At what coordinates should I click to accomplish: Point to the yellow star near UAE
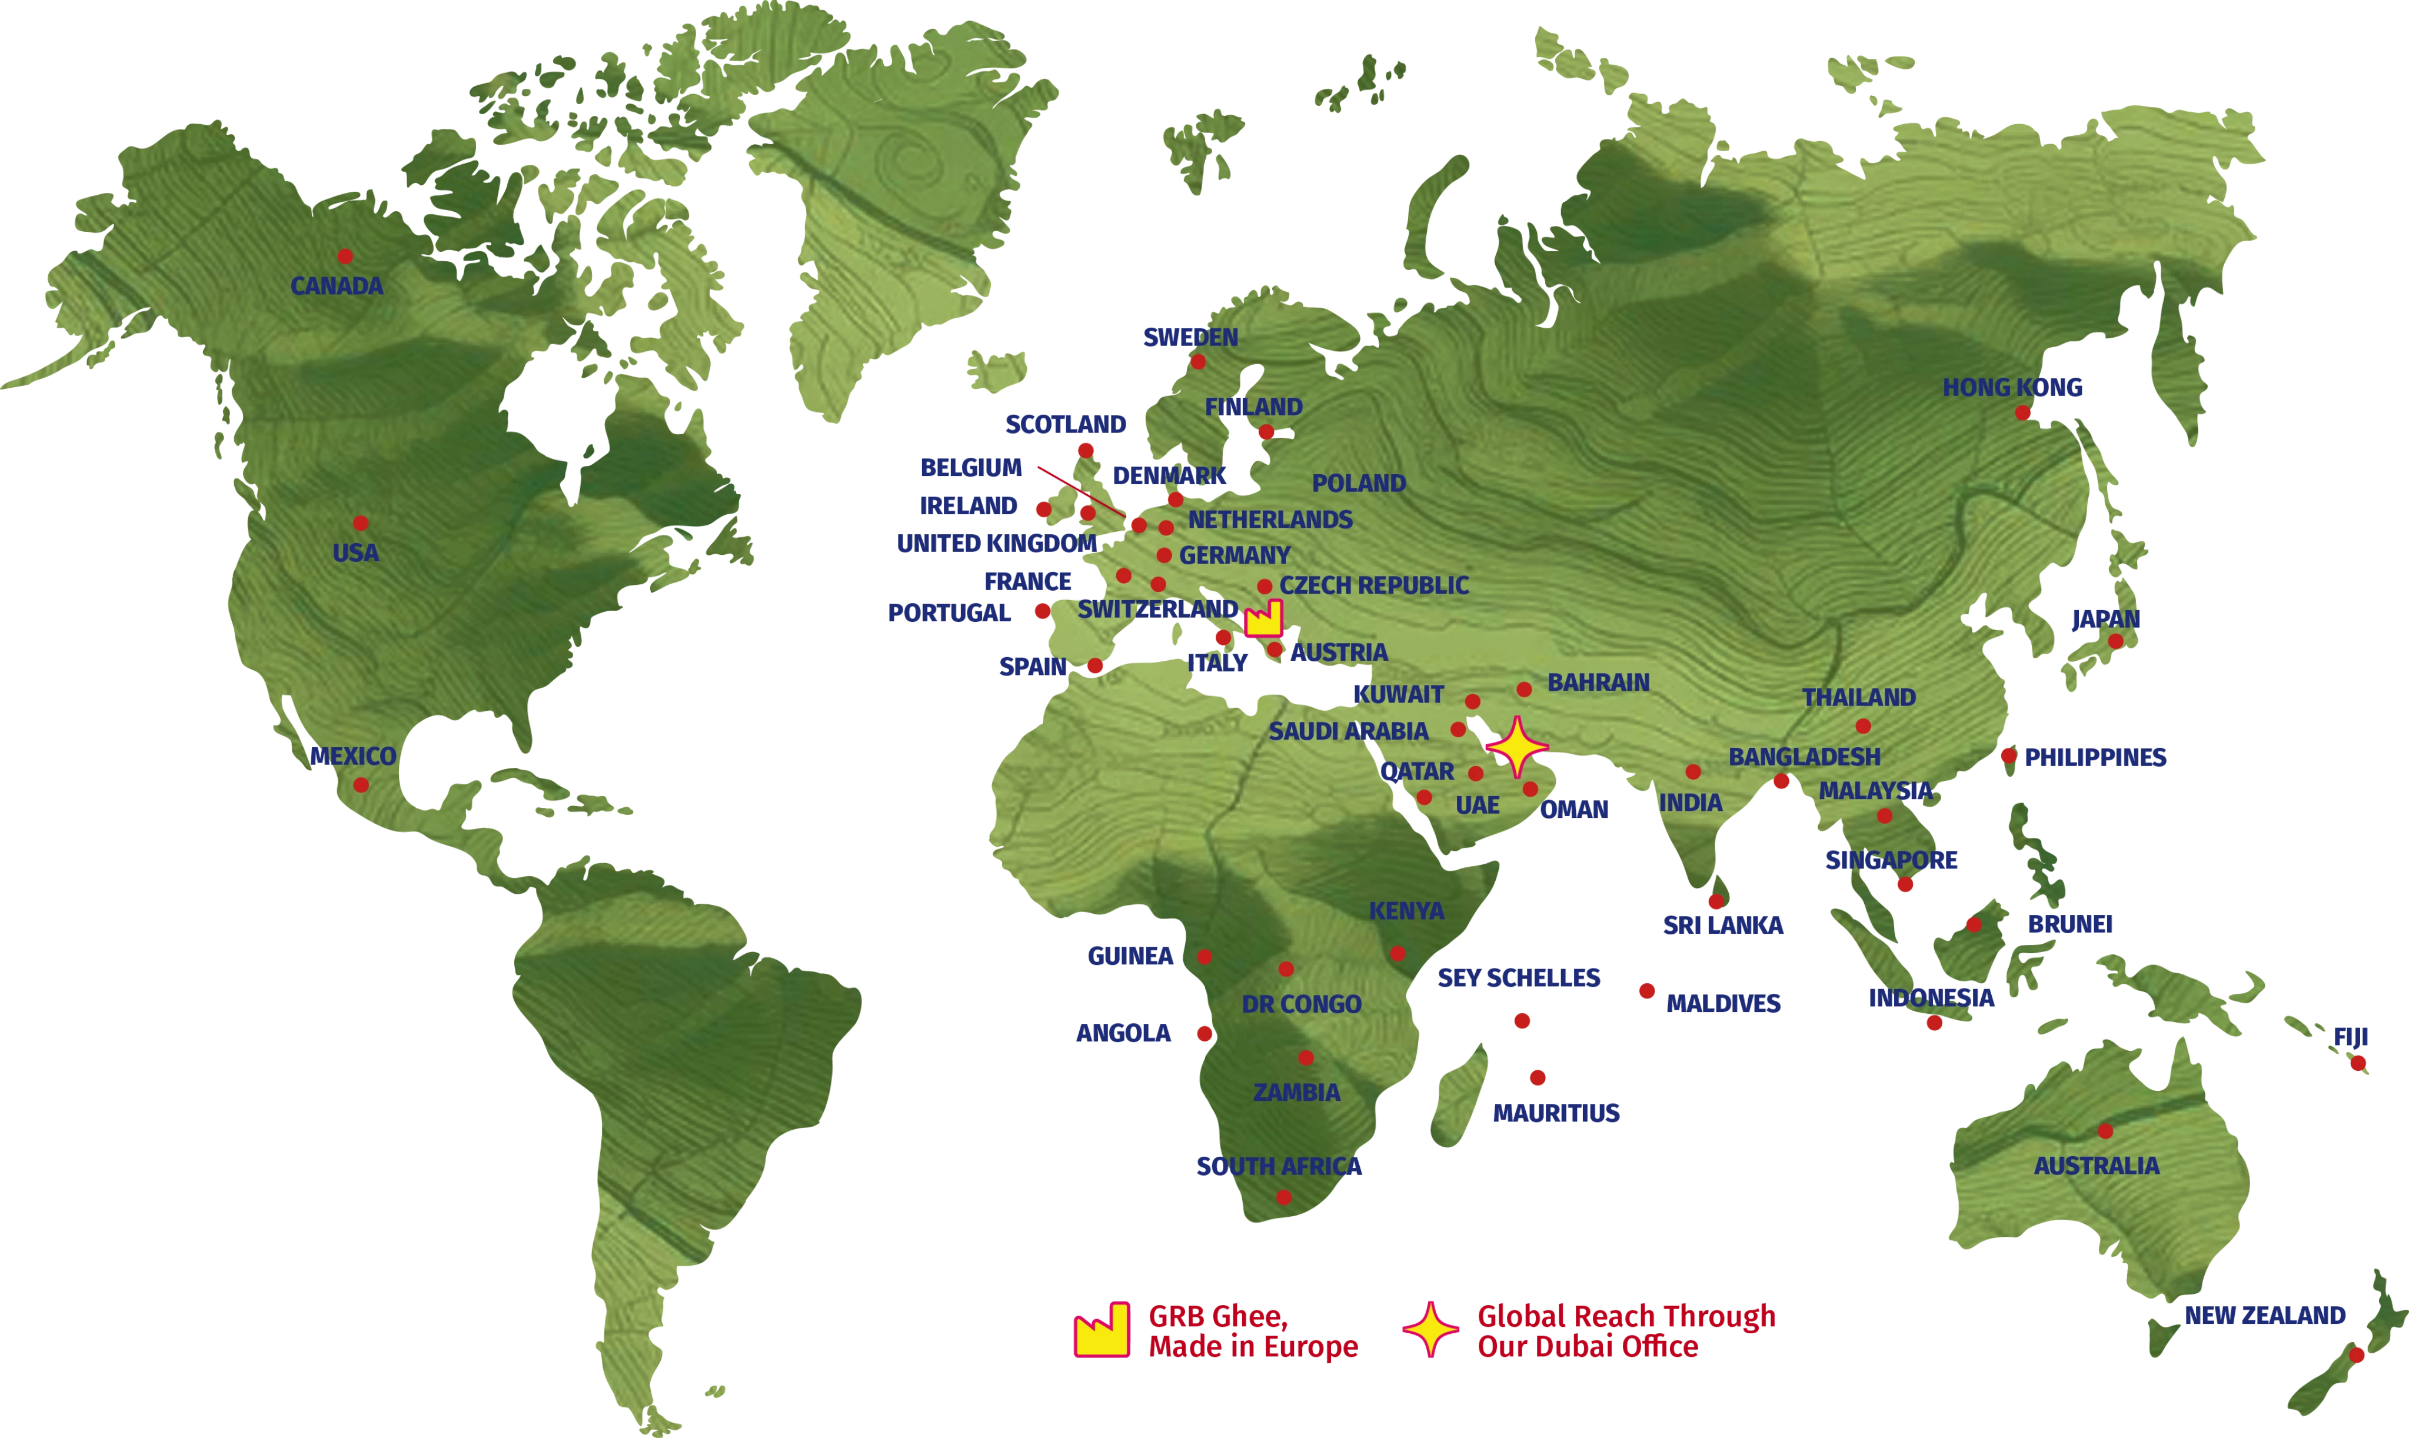pyautogui.click(x=1516, y=747)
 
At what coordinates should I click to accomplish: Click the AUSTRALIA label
pyautogui.click(x=2096, y=1166)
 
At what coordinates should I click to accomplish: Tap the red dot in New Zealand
pyautogui.click(x=2357, y=1354)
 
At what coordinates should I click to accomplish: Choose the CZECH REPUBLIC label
pyautogui.click(x=1374, y=585)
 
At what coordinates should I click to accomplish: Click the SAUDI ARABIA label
pyautogui.click(x=1348, y=731)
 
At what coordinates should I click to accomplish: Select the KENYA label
pyautogui.click(x=1406, y=911)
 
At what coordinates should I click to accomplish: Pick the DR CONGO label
pyautogui.click(x=1302, y=1005)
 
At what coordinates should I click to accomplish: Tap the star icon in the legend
pyautogui.click(x=1430, y=1330)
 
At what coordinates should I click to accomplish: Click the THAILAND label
pyautogui.click(x=1859, y=698)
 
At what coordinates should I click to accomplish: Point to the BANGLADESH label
pyautogui.click(x=1804, y=757)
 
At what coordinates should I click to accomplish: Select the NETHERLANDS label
pyautogui.click(x=1270, y=520)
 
